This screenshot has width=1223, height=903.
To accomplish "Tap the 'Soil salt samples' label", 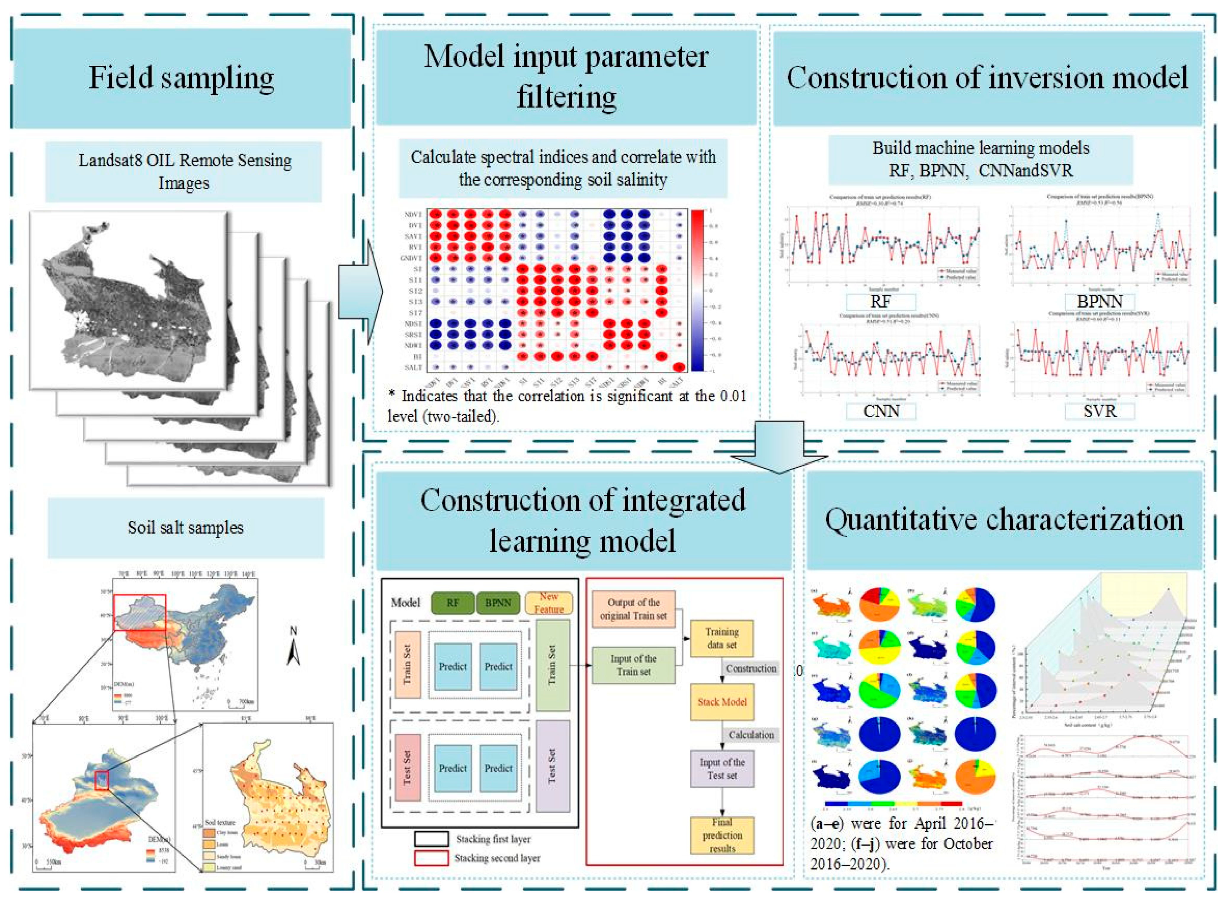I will [x=185, y=527].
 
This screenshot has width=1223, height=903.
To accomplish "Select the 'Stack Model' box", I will [x=722, y=702].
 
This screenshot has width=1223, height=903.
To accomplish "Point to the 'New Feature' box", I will [x=549, y=603].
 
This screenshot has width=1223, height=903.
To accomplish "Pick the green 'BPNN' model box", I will [x=498, y=603].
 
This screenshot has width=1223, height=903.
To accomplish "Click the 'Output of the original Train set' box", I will [x=633, y=609].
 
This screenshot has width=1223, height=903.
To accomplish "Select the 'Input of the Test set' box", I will [x=722, y=769].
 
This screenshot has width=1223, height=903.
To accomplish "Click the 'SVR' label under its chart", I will [x=1099, y=411].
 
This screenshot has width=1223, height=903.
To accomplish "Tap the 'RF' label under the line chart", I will [x=881, y=301].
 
